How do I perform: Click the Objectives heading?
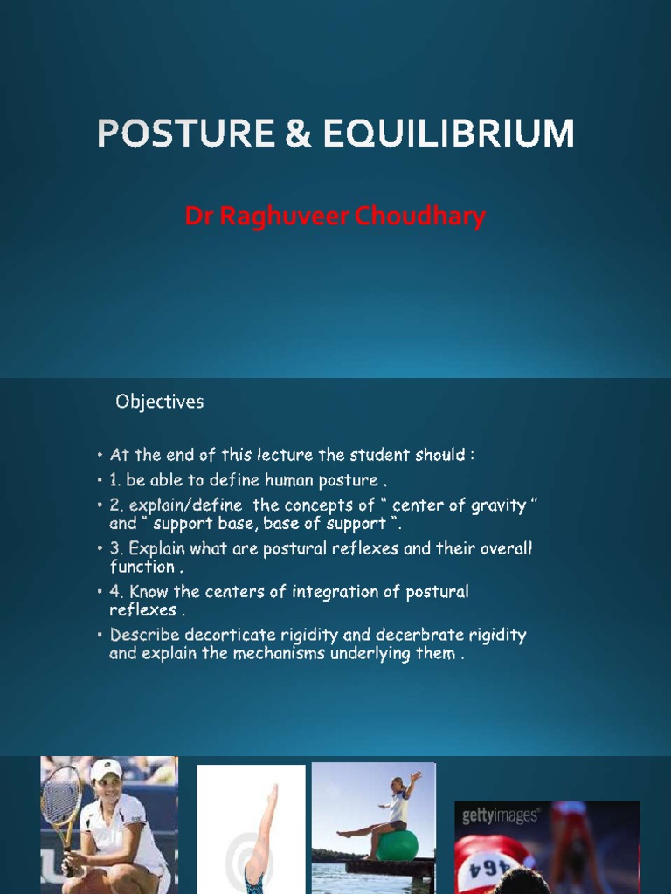pyautogui.click(x=160, y=402)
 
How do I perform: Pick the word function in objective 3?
pyautogui.click(x=142, y=567)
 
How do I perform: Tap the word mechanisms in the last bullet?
pyautogui.click(x=273, y=653)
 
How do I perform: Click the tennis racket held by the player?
pyautogui.click(x=61, y=799)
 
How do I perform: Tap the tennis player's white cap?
pyautogui.click(x=105, y=769)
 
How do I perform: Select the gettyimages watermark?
pyautogui.click(x=501, y=816)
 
